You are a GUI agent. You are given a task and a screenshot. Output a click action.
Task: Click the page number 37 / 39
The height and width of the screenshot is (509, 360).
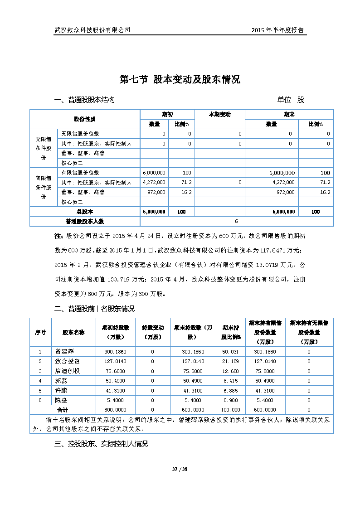click(x=180, y=469)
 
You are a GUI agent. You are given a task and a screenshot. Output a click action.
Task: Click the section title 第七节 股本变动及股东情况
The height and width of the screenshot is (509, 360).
click(x=180, y=80)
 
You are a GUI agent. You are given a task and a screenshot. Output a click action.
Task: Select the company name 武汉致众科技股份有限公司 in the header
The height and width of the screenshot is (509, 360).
click(x=92, y=30)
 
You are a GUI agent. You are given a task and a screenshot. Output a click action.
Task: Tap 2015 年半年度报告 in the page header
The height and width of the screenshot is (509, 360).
click(x=277, y=30)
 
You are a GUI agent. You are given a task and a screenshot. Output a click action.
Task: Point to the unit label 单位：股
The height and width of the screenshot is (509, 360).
click(x=291, y=100)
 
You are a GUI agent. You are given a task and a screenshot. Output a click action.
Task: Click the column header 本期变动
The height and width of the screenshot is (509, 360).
click(x=219, y=114)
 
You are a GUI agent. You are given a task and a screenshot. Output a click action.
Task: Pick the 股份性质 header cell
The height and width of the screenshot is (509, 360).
click(x=85, y=119)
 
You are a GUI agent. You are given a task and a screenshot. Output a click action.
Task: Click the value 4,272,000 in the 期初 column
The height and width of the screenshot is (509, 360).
click(x=154, y=182)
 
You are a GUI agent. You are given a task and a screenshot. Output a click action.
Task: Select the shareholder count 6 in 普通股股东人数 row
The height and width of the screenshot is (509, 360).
click(x=236, y=221)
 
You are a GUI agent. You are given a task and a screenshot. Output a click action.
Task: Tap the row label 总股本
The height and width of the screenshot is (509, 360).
click(x=85, y=212)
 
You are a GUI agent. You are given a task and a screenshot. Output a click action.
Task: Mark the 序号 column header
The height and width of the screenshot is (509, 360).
click(x=40, y=332)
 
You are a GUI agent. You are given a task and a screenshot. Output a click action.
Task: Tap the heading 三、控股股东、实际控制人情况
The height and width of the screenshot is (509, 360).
click(x=101, y=444)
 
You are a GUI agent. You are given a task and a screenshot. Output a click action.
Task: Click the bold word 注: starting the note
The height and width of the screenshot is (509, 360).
click(x=58, y=236)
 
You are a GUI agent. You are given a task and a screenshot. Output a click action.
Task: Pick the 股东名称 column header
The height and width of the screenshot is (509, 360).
click(x=73, y=332)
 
